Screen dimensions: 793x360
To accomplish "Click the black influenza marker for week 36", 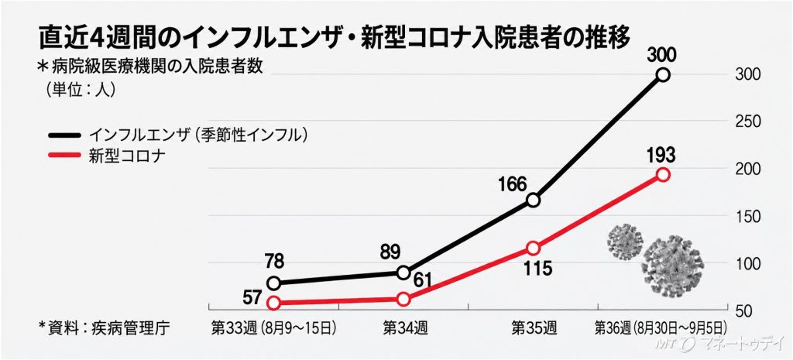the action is (663, 75).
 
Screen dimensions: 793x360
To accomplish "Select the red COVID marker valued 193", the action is (663, 174).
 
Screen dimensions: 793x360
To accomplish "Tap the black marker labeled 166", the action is (533, 201).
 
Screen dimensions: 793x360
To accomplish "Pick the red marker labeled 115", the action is (533, 249).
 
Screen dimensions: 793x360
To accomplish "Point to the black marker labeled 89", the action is (403, 273).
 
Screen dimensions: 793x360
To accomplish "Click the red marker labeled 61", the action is (403, 300).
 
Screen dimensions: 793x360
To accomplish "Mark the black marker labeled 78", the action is (273, 283).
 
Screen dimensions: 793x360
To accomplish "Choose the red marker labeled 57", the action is (273, 303).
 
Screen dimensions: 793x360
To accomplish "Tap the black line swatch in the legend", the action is (64, 135).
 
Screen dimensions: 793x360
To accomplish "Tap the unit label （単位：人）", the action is (77, 89).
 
